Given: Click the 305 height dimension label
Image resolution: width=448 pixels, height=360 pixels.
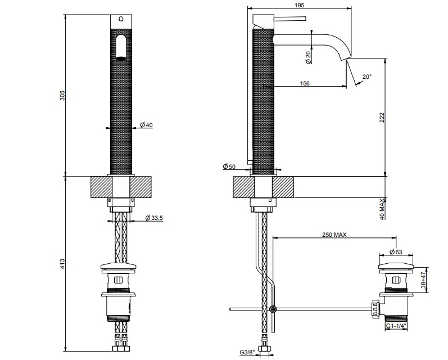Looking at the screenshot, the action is click(x=62, y=96).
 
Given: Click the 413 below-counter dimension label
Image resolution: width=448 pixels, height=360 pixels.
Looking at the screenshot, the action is click(x=62, y=264).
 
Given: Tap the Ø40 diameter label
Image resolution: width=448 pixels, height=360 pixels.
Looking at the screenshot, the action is click(x=146, y=125).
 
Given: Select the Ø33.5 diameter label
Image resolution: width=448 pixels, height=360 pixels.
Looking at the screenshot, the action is click(x=154, y=218).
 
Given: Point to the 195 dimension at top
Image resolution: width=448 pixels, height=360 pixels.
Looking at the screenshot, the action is click(x=299, y=5).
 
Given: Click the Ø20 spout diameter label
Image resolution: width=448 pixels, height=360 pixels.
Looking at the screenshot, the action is click(x=308, y=57).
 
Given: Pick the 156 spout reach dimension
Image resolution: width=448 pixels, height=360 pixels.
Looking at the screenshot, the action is click(x=305, y=83).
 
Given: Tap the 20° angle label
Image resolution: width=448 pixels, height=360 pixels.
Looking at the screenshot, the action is click(x=367, y=76).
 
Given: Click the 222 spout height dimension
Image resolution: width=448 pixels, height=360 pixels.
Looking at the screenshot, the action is click(x=382, y=118).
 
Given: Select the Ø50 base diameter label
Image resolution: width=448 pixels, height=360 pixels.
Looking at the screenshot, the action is click(x=229, y=166).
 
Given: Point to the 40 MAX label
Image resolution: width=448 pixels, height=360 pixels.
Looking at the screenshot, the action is click(x=382, y=210).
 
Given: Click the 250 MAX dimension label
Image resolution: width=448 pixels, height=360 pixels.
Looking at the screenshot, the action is click(x=334, y=235).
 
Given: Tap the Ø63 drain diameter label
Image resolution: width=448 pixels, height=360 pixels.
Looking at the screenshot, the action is click(x=396, y=252).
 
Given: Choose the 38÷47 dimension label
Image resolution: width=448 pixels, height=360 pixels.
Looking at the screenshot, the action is click(x=423, y=280).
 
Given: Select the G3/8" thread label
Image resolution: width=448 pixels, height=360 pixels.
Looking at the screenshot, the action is click(x=247, y=353).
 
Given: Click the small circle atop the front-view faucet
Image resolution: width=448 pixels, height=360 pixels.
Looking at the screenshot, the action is click(x=121, y=19).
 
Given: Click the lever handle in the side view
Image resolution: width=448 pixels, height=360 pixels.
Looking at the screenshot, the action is click(x=290, y=19).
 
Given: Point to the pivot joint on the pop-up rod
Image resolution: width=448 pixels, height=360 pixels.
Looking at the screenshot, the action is click(x=273, y=309).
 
